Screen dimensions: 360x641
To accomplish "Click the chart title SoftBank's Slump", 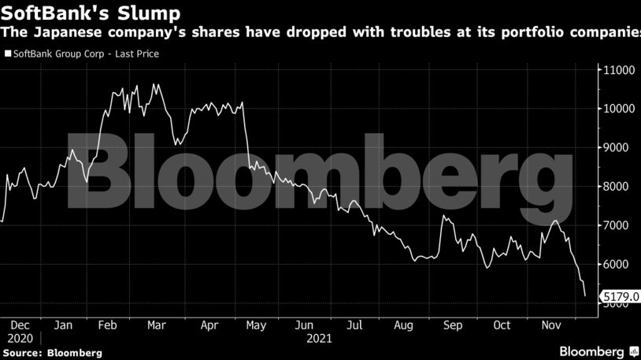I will [x=91, y=13].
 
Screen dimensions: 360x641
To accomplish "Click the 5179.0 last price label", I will [x=619, y=297].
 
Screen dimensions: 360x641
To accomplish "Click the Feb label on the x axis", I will [x=110, y=325].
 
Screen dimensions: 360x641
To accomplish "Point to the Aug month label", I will [x=404, y=325].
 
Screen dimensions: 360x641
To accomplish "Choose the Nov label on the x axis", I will [x=550, y=325].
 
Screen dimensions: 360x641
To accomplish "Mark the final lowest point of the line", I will [x=585, y=296].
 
